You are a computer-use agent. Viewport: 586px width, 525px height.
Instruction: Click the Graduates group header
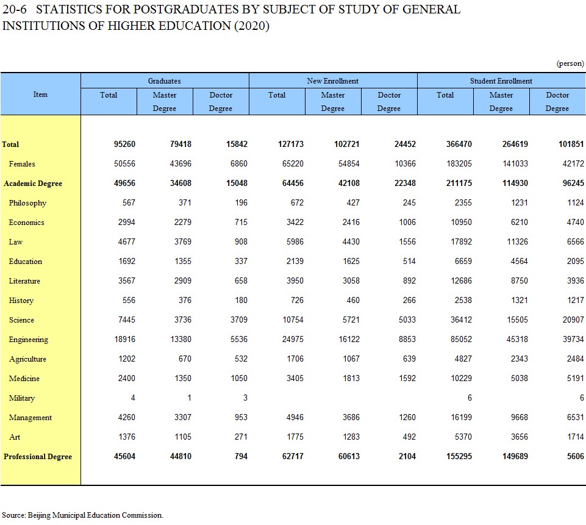point(164,80)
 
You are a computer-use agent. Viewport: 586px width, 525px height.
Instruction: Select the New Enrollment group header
point(332,80)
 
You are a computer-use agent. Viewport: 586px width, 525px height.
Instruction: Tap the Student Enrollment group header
point(501,80)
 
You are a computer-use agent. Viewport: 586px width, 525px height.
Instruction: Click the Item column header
point(40,94)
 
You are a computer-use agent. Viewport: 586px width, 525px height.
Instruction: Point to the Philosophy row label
point(27,203)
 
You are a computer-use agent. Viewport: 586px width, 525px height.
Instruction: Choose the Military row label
point(22,398)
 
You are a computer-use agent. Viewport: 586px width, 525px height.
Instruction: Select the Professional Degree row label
point(38,457)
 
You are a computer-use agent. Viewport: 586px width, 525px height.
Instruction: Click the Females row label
point(22,163)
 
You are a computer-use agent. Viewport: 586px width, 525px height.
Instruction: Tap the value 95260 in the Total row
point(124,145)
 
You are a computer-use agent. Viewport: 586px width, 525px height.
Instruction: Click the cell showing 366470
point(459,145)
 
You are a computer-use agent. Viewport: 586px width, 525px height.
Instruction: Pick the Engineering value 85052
point(461,339)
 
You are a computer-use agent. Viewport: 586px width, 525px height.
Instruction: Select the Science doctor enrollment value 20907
point(573,320)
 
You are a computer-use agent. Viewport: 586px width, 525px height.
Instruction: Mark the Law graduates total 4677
point(127,241)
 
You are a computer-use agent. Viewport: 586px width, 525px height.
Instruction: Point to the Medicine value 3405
point(295,378)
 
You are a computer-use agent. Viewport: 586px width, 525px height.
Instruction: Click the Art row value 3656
point(520,437)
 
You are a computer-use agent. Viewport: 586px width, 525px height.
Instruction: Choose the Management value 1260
point(407,418)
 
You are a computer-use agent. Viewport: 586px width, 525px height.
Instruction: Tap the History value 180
point(241,301)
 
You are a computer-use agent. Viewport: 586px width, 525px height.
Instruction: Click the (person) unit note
point(570,63)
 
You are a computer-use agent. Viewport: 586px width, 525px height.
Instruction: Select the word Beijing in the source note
point(39,515)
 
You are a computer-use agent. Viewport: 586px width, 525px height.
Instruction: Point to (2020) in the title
point(251,26)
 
